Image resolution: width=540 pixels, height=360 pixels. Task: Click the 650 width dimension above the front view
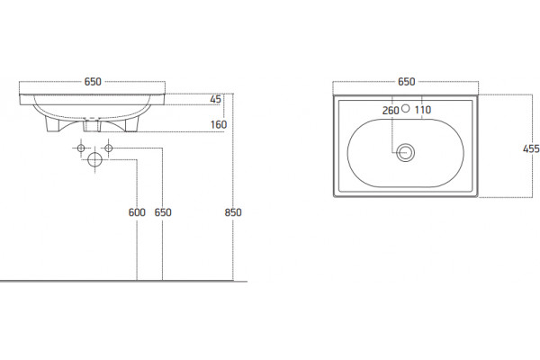click(x=93, y=82)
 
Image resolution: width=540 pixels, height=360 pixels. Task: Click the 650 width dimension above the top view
click(x=407, y=82)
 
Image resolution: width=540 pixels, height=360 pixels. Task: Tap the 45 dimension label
click(x=216, y=99)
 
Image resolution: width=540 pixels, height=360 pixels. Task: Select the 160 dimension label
click(x=219, y=124)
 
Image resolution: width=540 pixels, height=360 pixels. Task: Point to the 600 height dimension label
click(x=137, y=212)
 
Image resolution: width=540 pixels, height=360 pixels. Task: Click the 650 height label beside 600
click(x=163, y=212)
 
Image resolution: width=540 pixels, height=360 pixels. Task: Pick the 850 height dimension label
click(x=233, y=212)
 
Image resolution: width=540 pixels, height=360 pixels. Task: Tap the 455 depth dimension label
click(x=531, y=148)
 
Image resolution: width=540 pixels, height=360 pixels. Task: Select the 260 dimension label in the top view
click(x=391, y=111)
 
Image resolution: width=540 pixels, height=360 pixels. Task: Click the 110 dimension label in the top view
click(x=423, y=110)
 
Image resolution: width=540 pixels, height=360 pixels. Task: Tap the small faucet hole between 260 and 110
click(x=406, y=109)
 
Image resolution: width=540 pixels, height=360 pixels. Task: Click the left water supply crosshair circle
click(x=81, y=148)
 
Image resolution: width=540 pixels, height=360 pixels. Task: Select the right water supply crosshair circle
click(x=109, y=148)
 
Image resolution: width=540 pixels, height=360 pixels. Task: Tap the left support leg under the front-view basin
click(x=53, y=124)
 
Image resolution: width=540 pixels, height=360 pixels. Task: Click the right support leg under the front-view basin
click(x=132, y=124)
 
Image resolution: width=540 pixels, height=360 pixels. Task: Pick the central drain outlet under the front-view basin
click(x=92, y=125)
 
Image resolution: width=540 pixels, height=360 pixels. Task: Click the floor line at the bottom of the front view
click(x=123, y=281)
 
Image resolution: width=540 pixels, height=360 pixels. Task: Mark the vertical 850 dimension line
click(x=233, y=186)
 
